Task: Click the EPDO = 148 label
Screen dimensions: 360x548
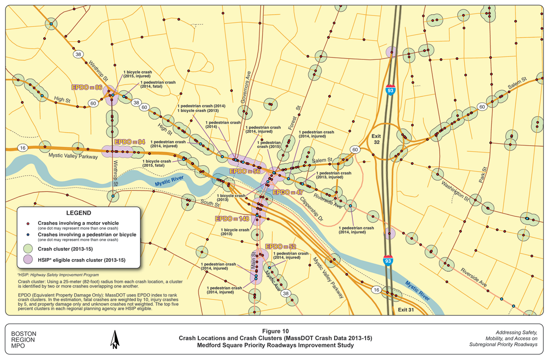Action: click(232, 219)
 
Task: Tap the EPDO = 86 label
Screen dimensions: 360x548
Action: click(86, 87)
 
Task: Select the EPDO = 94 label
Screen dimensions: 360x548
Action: click(129, 142)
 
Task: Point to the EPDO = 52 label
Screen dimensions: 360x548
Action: click(281, 247)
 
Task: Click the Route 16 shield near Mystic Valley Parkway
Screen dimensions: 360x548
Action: click(23, 148)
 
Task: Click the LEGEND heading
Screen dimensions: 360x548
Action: click(79, 213)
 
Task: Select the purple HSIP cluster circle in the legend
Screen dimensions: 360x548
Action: click(28, 260)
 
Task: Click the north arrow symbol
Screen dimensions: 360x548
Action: click(115, 339)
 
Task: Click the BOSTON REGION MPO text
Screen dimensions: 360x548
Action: click(23, 339)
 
